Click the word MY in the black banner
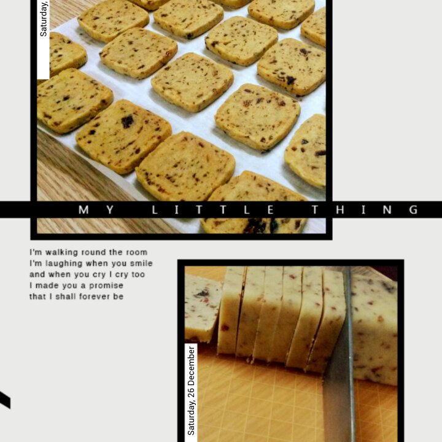tap(96, 210)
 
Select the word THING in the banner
tap(365, 210)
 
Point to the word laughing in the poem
tap(63, 263)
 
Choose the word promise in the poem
tap(106, 285)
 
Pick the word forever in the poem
tap(93, 297)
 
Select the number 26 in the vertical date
tap(191, 392)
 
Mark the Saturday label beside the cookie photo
tap(44, 18)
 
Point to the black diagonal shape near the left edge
tap(5, 400)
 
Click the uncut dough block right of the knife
tap(373, 327)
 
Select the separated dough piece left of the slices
tap(202, 308)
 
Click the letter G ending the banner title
tap(414, 210)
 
